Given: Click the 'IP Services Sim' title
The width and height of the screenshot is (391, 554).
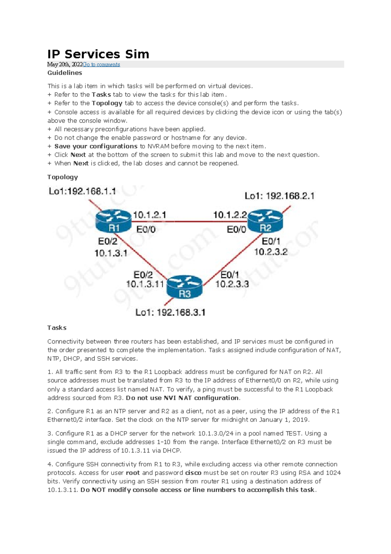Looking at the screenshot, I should [98, 54].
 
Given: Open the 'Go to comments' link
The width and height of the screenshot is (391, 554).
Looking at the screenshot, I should [101, 65].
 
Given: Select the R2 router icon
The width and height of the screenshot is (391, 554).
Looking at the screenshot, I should [265, 221].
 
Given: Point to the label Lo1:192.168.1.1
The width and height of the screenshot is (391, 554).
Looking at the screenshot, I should [82, 191].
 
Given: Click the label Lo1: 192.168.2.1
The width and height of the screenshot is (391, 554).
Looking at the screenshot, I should [279, 196].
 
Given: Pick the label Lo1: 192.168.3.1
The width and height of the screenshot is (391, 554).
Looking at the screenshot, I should [170, 313].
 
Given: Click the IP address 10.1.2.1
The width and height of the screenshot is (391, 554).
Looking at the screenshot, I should [150, 215].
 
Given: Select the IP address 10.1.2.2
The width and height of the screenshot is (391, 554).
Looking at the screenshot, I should [230, 215].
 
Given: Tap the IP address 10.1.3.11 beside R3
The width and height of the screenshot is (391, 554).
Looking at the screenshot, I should [145, 284].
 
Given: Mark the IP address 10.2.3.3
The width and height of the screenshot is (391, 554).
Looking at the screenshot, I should [232, 284].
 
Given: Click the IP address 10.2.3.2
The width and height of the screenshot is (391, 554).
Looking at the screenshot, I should [271, 252].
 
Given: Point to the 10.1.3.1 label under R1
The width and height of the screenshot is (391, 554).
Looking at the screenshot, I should [111, 253].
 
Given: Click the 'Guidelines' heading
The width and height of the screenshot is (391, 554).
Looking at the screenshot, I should [65, 73].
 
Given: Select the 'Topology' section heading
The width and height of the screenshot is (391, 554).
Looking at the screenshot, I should [63, 177].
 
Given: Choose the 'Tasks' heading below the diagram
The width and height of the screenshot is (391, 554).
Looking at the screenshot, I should [57, 328].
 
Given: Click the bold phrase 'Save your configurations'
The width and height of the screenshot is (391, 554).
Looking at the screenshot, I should [96, 146].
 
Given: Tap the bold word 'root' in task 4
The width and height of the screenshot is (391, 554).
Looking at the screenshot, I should [133, 473].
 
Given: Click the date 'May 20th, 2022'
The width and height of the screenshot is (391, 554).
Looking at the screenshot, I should [65, 65].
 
